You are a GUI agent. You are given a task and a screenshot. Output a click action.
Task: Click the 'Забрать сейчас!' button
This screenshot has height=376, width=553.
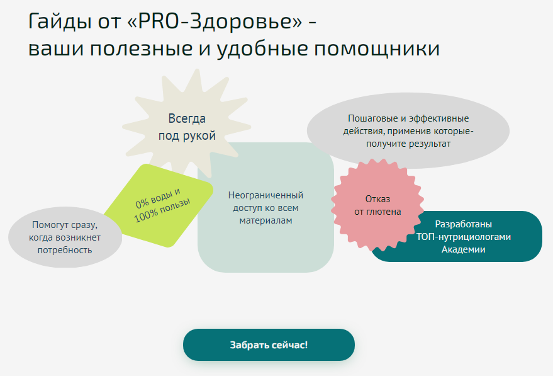click(x=269, y=345)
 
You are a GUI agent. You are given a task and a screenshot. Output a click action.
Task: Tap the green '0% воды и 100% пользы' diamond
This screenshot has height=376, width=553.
click(x=162, y=205)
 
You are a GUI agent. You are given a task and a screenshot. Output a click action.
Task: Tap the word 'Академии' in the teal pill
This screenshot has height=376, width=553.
click(x=463, y=249)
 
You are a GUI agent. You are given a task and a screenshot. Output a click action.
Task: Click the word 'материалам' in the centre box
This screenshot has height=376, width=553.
click(x=265, y=220)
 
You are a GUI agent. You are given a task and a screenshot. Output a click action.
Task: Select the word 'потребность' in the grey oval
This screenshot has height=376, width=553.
click(x=64, y=249)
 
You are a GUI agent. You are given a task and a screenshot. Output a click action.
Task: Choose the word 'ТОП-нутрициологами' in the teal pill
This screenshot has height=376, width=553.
click(x=463, y=237)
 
